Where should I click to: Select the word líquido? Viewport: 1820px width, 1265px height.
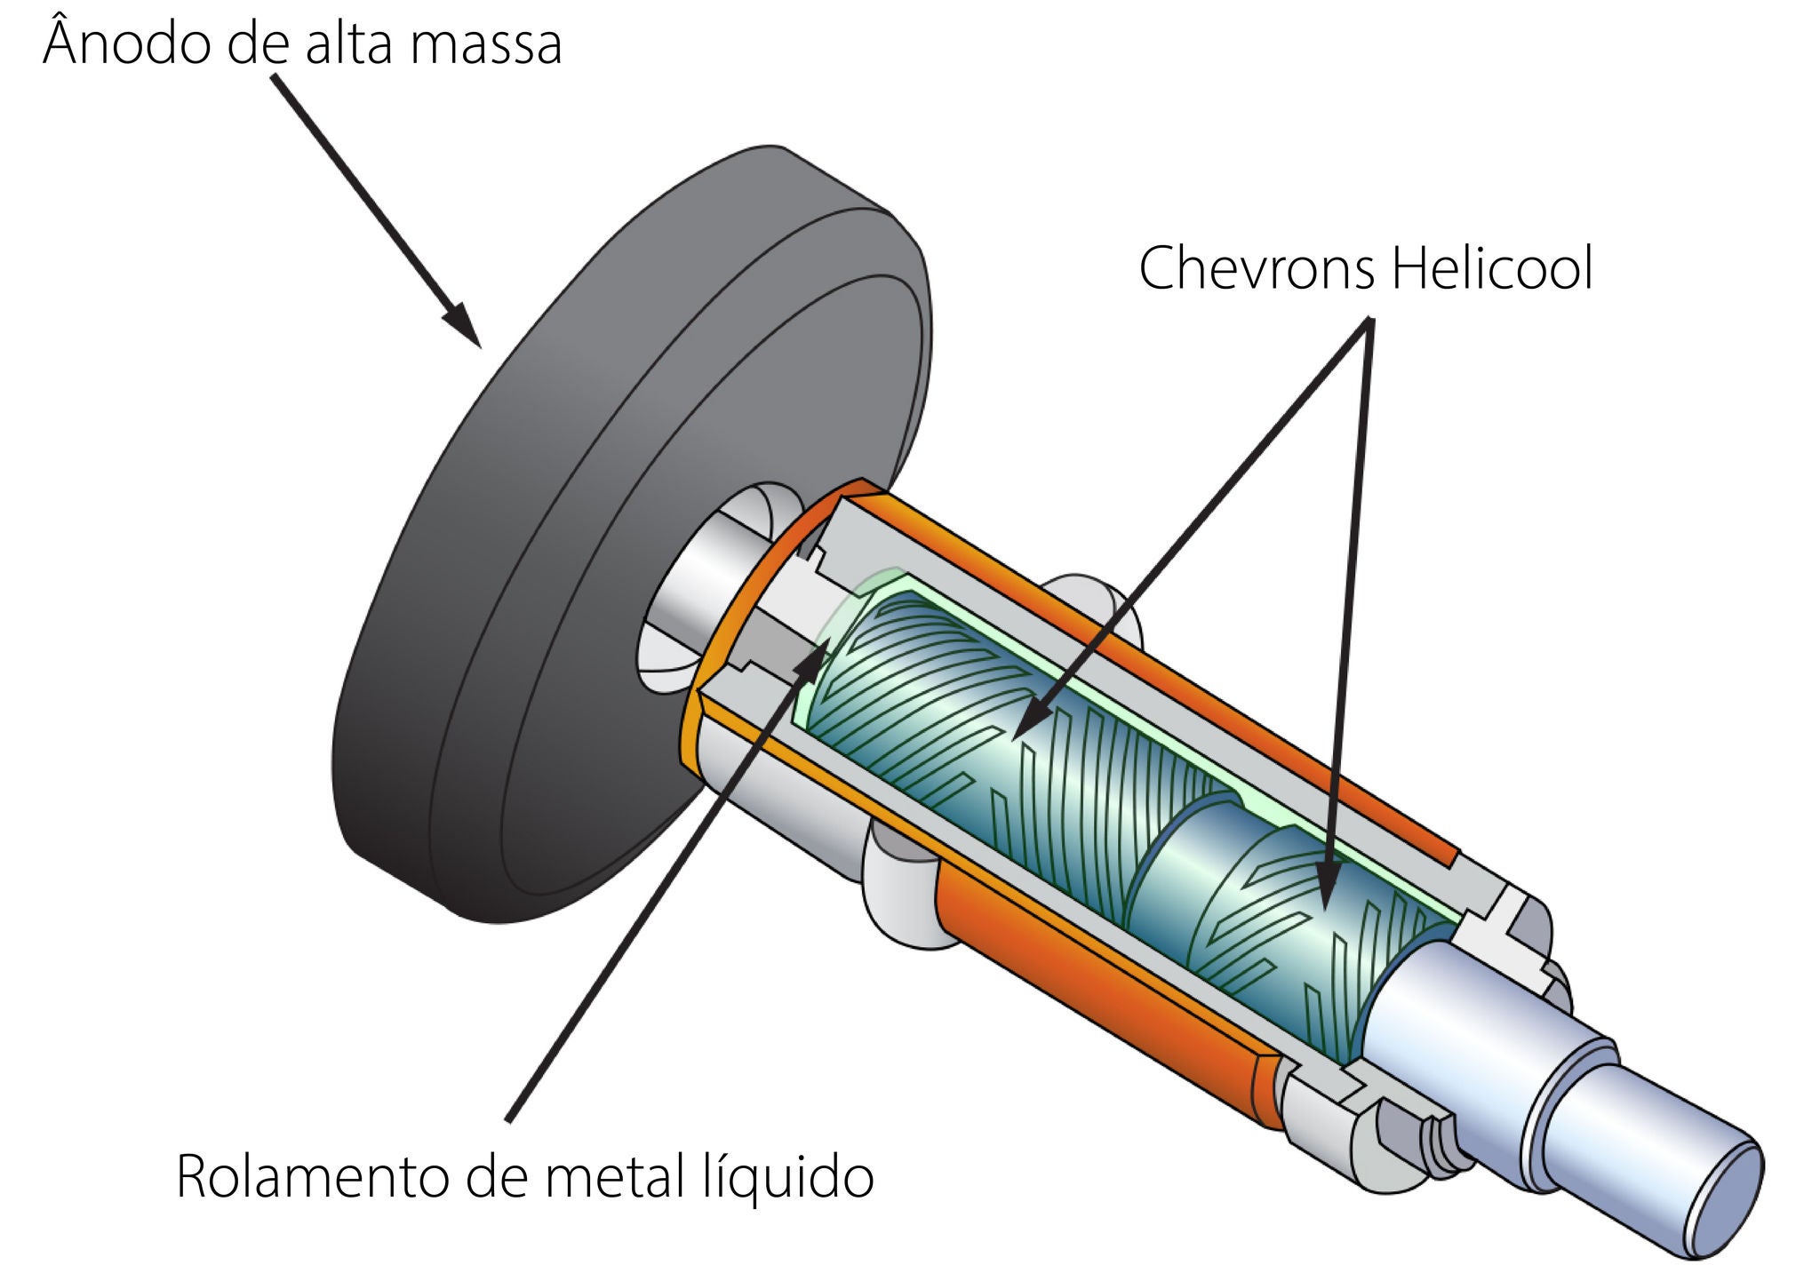coord(782,1180)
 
